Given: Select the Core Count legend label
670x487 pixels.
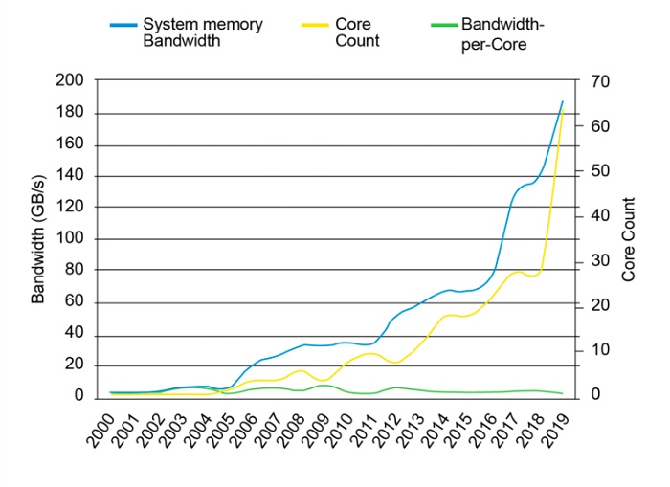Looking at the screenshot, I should [x=359, y=32].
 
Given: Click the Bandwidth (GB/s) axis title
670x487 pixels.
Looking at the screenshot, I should [x=39, y=239].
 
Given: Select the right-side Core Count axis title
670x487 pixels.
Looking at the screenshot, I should [x=629, y=239].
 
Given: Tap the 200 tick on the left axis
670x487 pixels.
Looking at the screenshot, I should [x=81, y=82].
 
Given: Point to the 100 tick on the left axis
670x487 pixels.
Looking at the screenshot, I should [x=81, y=239].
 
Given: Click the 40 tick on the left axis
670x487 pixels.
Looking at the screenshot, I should [x=85, y=334].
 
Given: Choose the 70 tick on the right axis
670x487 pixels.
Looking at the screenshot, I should [x=600, y=82].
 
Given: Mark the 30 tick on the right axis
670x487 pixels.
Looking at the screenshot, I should [x=600, y=261].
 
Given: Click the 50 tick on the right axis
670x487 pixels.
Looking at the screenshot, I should [x=600, y=171].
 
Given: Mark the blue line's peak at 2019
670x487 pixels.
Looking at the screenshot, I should [x=562, y=101].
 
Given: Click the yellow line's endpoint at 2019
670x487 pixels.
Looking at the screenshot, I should [x=562, y=113].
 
